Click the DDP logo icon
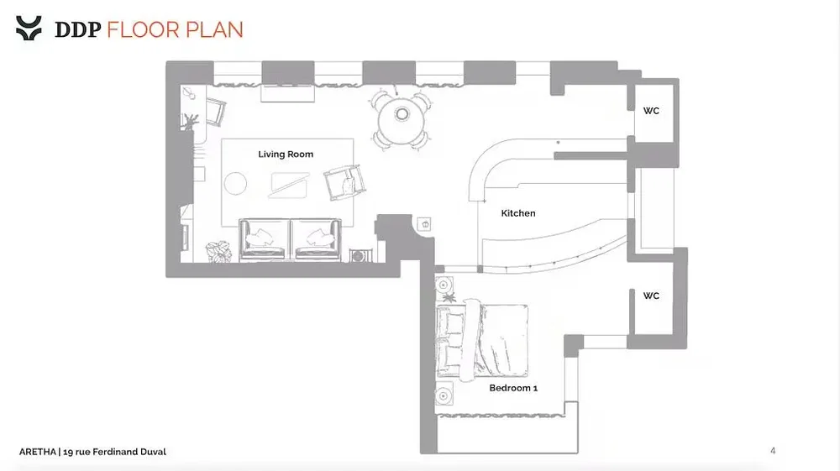(x=29, y=29)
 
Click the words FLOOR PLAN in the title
(x=175, y=29)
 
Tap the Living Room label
(x=286, y=154)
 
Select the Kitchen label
(x=518, y=213)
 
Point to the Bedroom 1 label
(x=513, y=388)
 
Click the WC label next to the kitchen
(x=651, y=111)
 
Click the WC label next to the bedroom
(x=651, y=296)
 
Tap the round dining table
(x=402, y=120)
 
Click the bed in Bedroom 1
(x=482, y=340)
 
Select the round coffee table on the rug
(x=235, y=184)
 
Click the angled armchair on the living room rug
(x=344, y=182)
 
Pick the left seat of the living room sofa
(x=264, y=239)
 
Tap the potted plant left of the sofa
(x=218, y=251)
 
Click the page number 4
(x=773, y=451)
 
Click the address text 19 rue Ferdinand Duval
(x=114, y=452)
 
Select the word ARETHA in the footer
(x=38, y=452)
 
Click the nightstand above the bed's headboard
(x=444, y=285)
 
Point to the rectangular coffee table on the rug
(x=289, y=185)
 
